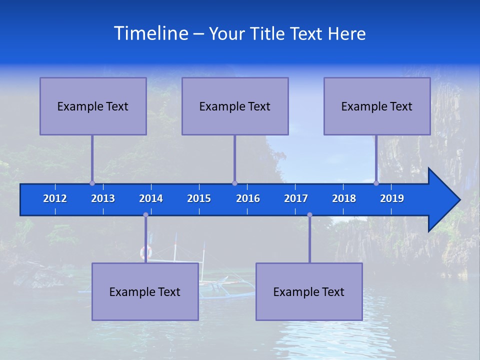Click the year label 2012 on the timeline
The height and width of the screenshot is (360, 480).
(x=55, y=198)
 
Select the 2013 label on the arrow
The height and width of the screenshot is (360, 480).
(x=103, y=198)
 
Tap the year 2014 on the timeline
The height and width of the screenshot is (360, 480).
(x=151, y=198)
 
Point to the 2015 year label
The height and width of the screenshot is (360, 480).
(x=199, y=198)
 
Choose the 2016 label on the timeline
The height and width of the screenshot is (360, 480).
(x=248, y=198)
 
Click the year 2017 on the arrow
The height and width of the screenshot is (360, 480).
(x=296, y=198)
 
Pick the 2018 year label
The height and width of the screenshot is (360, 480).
(x=344, y=198)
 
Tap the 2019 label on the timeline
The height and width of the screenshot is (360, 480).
(x=392, y=198)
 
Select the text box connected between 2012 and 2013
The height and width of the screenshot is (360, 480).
(x=93, y=106)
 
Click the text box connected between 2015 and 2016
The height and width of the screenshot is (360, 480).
(x=235, y=106)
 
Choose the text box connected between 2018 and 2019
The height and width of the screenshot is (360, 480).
(x=377, y=106)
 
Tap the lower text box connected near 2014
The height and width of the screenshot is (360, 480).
(x=145, y=291)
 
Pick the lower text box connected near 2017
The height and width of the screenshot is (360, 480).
(x=309, y=291)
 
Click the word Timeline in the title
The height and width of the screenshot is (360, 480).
(x=150, y=33)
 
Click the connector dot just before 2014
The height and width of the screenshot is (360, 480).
(x=145, y=215)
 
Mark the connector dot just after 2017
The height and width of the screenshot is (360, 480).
(x=309, y=215)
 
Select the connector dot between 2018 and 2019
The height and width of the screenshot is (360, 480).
(x=376, y=183)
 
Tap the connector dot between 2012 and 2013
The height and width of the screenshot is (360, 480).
(x=92, y=183)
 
